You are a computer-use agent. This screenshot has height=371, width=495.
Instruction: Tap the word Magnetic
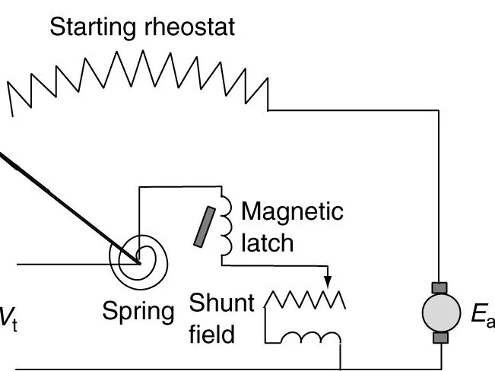pyautogui.click(x=292, y=211)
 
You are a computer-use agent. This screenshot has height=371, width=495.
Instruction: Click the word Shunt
pyautogui.click(x=222, y=303)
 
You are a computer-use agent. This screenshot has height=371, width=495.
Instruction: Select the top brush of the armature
pyautogui.click(x=440, y=288)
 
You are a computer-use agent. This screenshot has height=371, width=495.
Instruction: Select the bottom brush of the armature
pyautogui.click(x=440, y=337)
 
